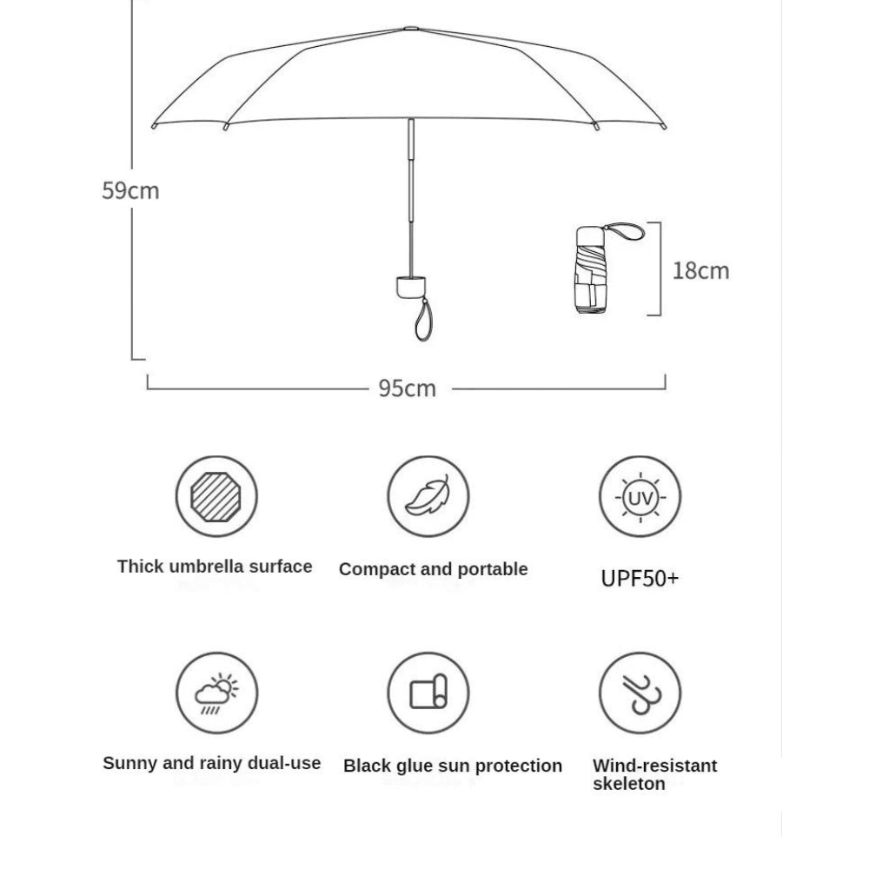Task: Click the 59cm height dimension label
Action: click(130, 190)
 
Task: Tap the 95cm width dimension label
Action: click(407, 388)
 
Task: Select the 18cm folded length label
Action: click(700, 270)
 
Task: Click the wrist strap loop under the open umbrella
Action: click(423, 321)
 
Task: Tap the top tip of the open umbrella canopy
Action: click(410, 29)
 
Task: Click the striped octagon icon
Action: click(216, 497)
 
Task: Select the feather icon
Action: click(428, 497)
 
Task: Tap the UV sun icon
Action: click(640, 497)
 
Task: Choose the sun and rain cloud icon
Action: click(216, 693)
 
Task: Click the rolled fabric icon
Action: click(428, 693)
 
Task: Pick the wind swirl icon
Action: click(640, 693)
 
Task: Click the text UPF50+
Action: click(640, 578)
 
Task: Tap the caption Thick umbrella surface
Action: click(215, 567)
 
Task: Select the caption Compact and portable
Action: click(433, 569)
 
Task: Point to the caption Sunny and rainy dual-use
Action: click(212, 763)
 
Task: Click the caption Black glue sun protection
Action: click(452, 766)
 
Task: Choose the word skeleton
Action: click(628, 784)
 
